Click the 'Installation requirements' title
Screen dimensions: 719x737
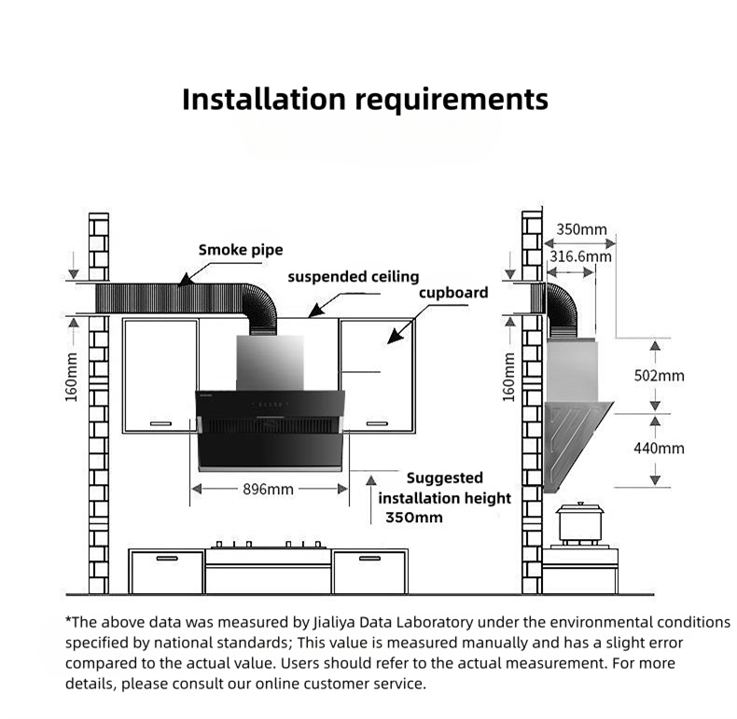(x=365, y=99)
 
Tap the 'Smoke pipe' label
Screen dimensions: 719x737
(x=241, y=250)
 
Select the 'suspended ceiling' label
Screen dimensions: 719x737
(x=353, y=277)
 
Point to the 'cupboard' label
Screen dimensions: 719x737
(x=452, y=293)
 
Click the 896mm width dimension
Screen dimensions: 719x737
(x=269, y=489)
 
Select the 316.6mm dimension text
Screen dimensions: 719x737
(x=580, y=256)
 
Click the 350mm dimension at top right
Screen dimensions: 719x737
(x=580, y=229)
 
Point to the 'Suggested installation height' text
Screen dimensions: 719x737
(x=445, y=488)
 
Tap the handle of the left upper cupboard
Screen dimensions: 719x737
(x=160, y=422)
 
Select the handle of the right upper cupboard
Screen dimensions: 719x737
(x=377, y=422)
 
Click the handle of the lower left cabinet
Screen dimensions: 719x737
(x=166, y=559)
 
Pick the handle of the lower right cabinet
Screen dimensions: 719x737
(x=368, y=559)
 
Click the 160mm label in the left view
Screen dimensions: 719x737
(x=72, y=377)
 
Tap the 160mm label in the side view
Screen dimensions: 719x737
(x=509, y=377)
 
